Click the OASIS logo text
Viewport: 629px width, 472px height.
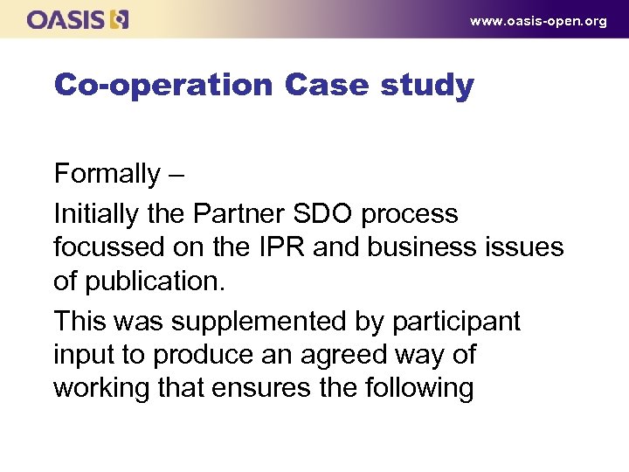point(66,19)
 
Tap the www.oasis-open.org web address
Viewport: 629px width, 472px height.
point(537,21)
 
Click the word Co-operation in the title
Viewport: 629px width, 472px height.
point(163,86)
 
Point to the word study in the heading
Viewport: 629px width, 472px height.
point(428,86)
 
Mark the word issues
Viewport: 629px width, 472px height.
point(528,247)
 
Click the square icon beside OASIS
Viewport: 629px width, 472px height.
point(119,19)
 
